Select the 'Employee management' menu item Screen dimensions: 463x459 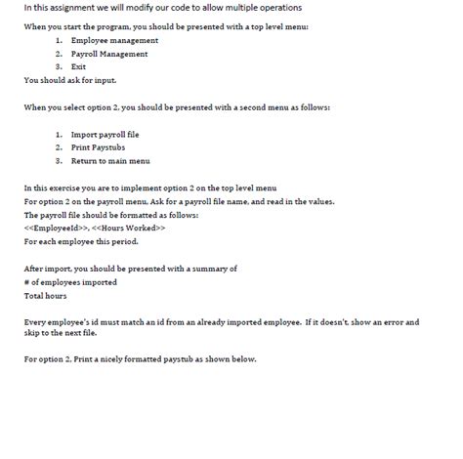click(114, 40)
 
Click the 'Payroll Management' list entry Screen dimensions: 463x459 click(110, 54)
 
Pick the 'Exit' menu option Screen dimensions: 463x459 click(79, 66)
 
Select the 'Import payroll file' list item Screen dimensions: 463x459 click(104, 133)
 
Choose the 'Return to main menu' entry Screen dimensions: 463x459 click(110, 160)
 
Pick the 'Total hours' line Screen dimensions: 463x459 click(46, 295)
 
